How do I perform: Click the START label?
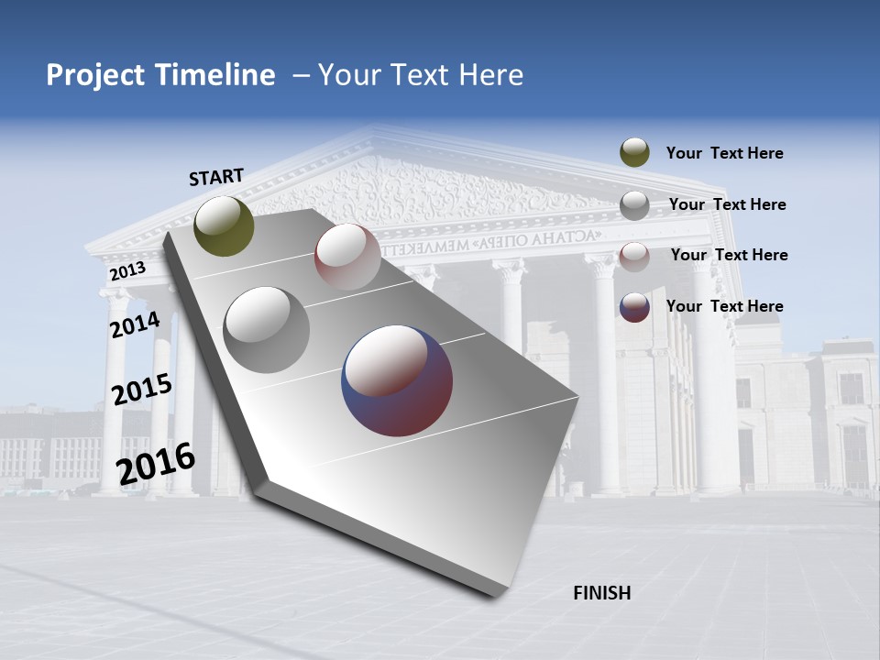point(216,177)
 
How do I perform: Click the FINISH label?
point(602,593)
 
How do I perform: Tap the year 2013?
point(127,271)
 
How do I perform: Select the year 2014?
point(135,325)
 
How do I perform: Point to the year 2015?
point(142,390)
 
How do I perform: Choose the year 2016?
point(156,463)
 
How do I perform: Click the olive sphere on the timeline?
point(224,225)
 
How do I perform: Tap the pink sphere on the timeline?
point(347,257)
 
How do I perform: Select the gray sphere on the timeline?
point(267,330)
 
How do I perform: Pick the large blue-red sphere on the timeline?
point(397,380)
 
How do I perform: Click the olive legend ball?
point(634,153)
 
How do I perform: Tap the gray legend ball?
point(634,205)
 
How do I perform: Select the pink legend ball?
point(634,257)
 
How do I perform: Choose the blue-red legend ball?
point(634,307)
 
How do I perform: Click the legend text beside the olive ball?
point(724,153)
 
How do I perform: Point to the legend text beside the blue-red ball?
point(724,306)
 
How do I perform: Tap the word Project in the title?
point(95,75)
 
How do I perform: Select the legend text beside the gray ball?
point(727,204)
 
